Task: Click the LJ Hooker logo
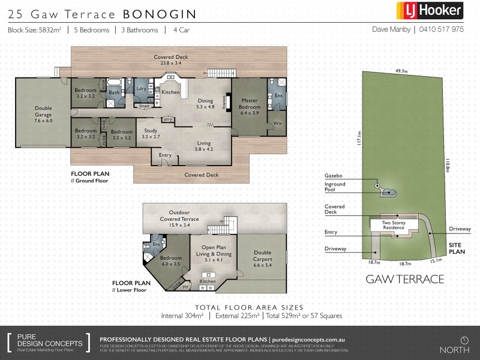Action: [x=429, y=11]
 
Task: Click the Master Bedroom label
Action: [x=249, y=106]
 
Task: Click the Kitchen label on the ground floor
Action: [x=170, y=92]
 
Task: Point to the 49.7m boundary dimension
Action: [x=401, y=71]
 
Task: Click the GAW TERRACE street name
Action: [x=404, y=279]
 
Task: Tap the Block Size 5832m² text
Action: [x=34, y=29]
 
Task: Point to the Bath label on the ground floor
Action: [x=113, y=92]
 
